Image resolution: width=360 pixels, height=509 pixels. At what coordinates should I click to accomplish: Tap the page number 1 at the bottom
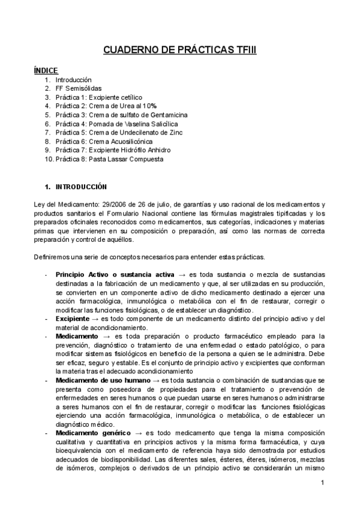(322, 483)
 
